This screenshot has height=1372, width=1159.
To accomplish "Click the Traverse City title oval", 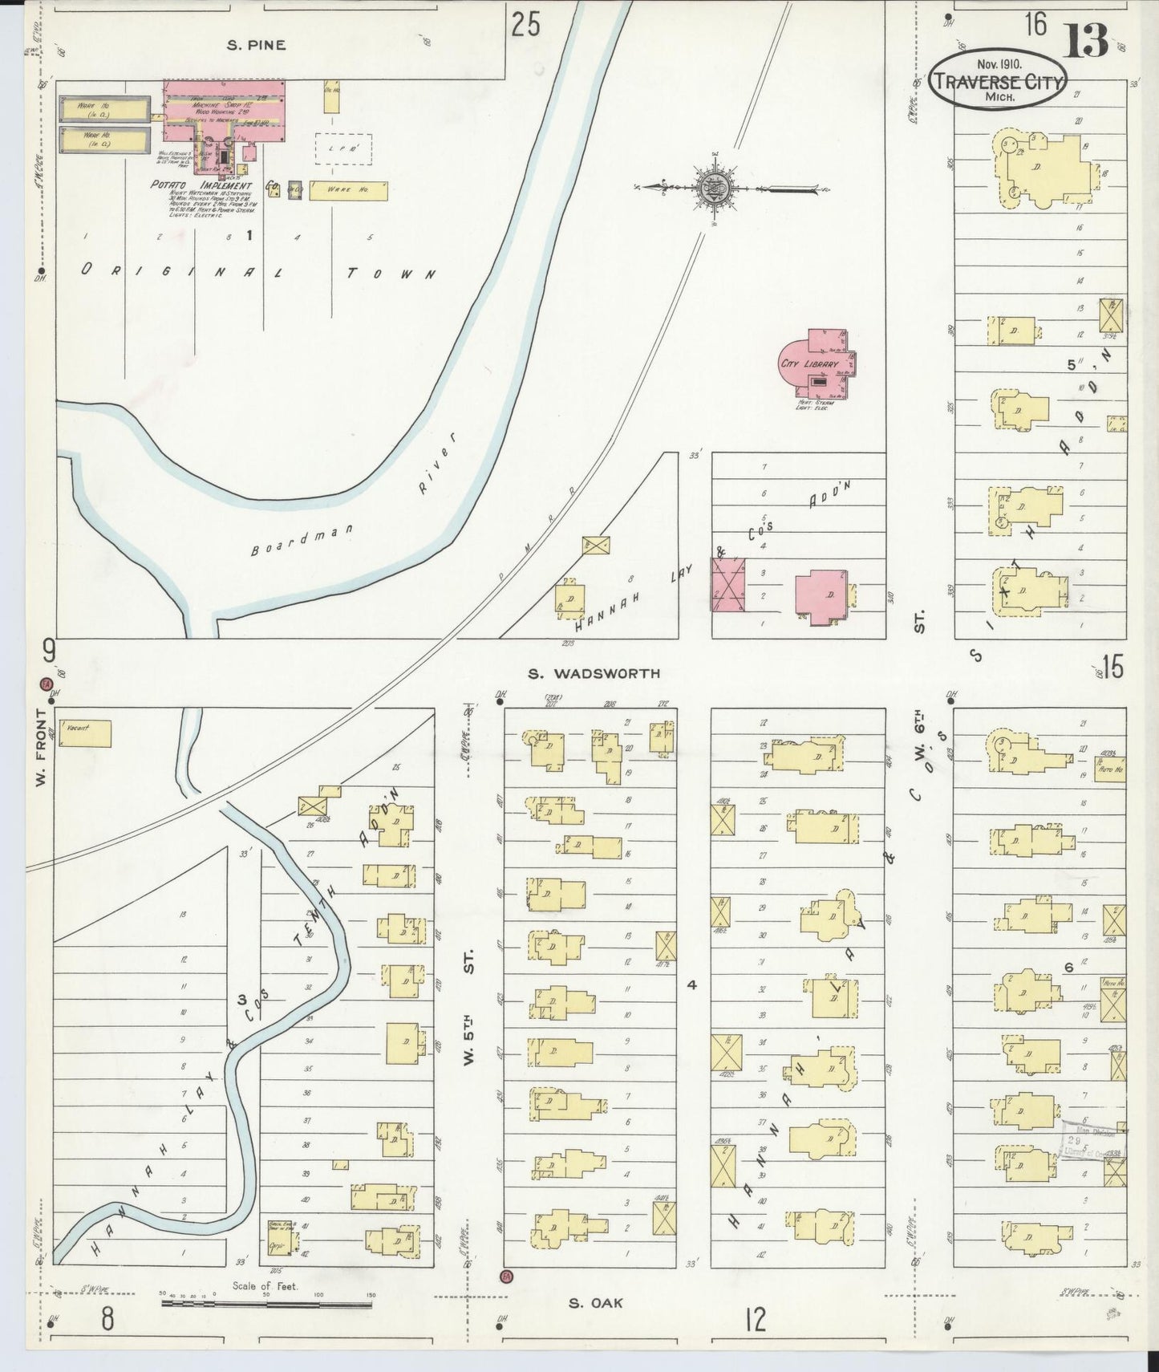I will point(998,80).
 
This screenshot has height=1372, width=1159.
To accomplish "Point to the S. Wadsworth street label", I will point(594,674).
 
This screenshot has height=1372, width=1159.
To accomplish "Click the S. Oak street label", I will point(595,1303).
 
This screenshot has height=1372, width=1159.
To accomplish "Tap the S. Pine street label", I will point(256,46).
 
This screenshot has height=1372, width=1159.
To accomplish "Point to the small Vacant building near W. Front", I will point(85,733).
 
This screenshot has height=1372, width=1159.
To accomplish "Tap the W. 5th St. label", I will point(470,1003).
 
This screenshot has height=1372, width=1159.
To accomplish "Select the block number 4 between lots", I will point(692,984).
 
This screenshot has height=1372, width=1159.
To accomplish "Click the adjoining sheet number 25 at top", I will point(525,24).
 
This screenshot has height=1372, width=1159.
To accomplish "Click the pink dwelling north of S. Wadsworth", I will point(821,596).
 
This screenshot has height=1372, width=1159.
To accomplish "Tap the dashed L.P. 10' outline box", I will point(343,148).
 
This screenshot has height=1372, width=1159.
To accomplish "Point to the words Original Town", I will point(257,272).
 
